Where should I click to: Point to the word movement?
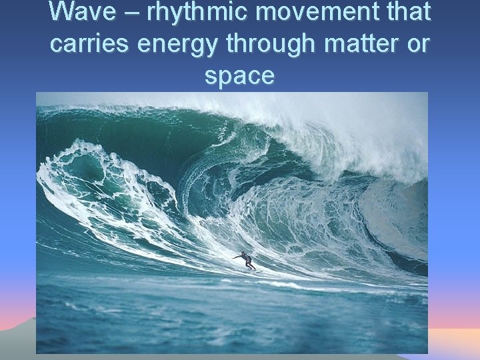pos(297,13)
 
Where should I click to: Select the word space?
pos(239,76)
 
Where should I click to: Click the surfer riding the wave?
pos(246,260)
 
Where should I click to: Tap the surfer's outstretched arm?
pos(237,256)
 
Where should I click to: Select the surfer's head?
pos(245,253)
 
